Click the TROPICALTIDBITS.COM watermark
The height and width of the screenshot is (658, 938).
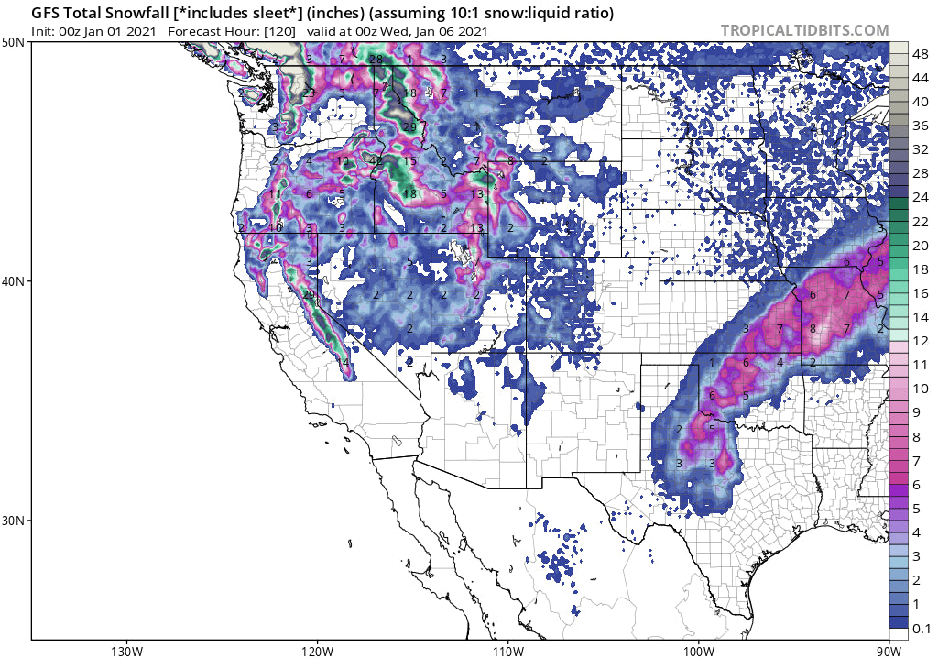[x=804, y=30]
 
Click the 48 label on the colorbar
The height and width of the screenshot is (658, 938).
[x=921, y=54]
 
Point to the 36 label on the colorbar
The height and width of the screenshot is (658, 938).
[x=921, y=126]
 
